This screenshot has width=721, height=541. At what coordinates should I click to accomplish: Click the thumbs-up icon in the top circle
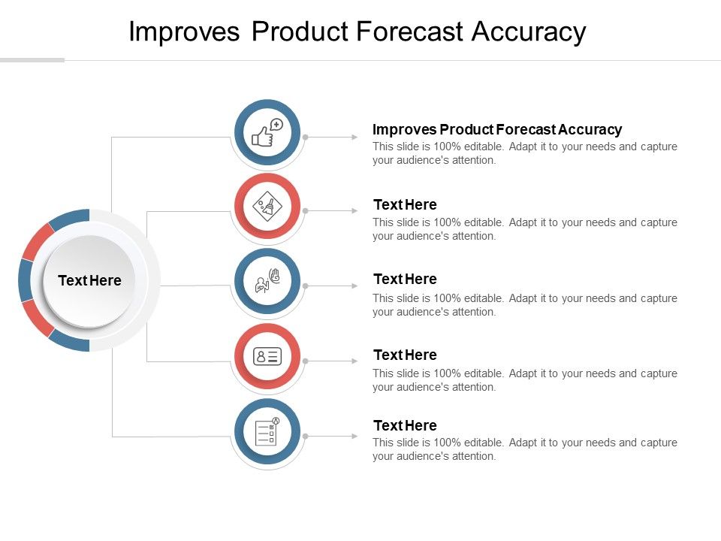[267, 133]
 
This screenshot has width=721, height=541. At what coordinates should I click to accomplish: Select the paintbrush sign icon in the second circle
[267, 206]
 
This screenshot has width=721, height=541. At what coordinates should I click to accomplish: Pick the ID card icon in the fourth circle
[267, 356]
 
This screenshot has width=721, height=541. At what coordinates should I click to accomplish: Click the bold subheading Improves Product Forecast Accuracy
[497, 129]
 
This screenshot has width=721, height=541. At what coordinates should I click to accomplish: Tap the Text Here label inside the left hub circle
[89, 280]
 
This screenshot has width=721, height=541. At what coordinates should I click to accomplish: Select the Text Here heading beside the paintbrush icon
[405, 204]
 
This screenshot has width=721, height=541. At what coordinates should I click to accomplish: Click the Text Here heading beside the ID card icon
[405, 355]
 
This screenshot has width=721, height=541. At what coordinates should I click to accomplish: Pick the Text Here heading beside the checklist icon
[405, 425]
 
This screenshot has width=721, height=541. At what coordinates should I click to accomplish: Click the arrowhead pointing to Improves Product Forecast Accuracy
[354, 138]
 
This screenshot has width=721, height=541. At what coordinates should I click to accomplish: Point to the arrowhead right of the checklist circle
[354, 436]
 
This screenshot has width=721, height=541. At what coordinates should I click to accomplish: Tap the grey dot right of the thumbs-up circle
[306, 138]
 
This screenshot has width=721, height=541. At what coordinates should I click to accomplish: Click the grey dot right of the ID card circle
[306, 361]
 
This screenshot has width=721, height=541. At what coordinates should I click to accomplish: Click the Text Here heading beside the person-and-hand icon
[405, 279]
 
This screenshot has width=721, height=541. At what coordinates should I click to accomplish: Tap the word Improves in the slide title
[184, 32]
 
